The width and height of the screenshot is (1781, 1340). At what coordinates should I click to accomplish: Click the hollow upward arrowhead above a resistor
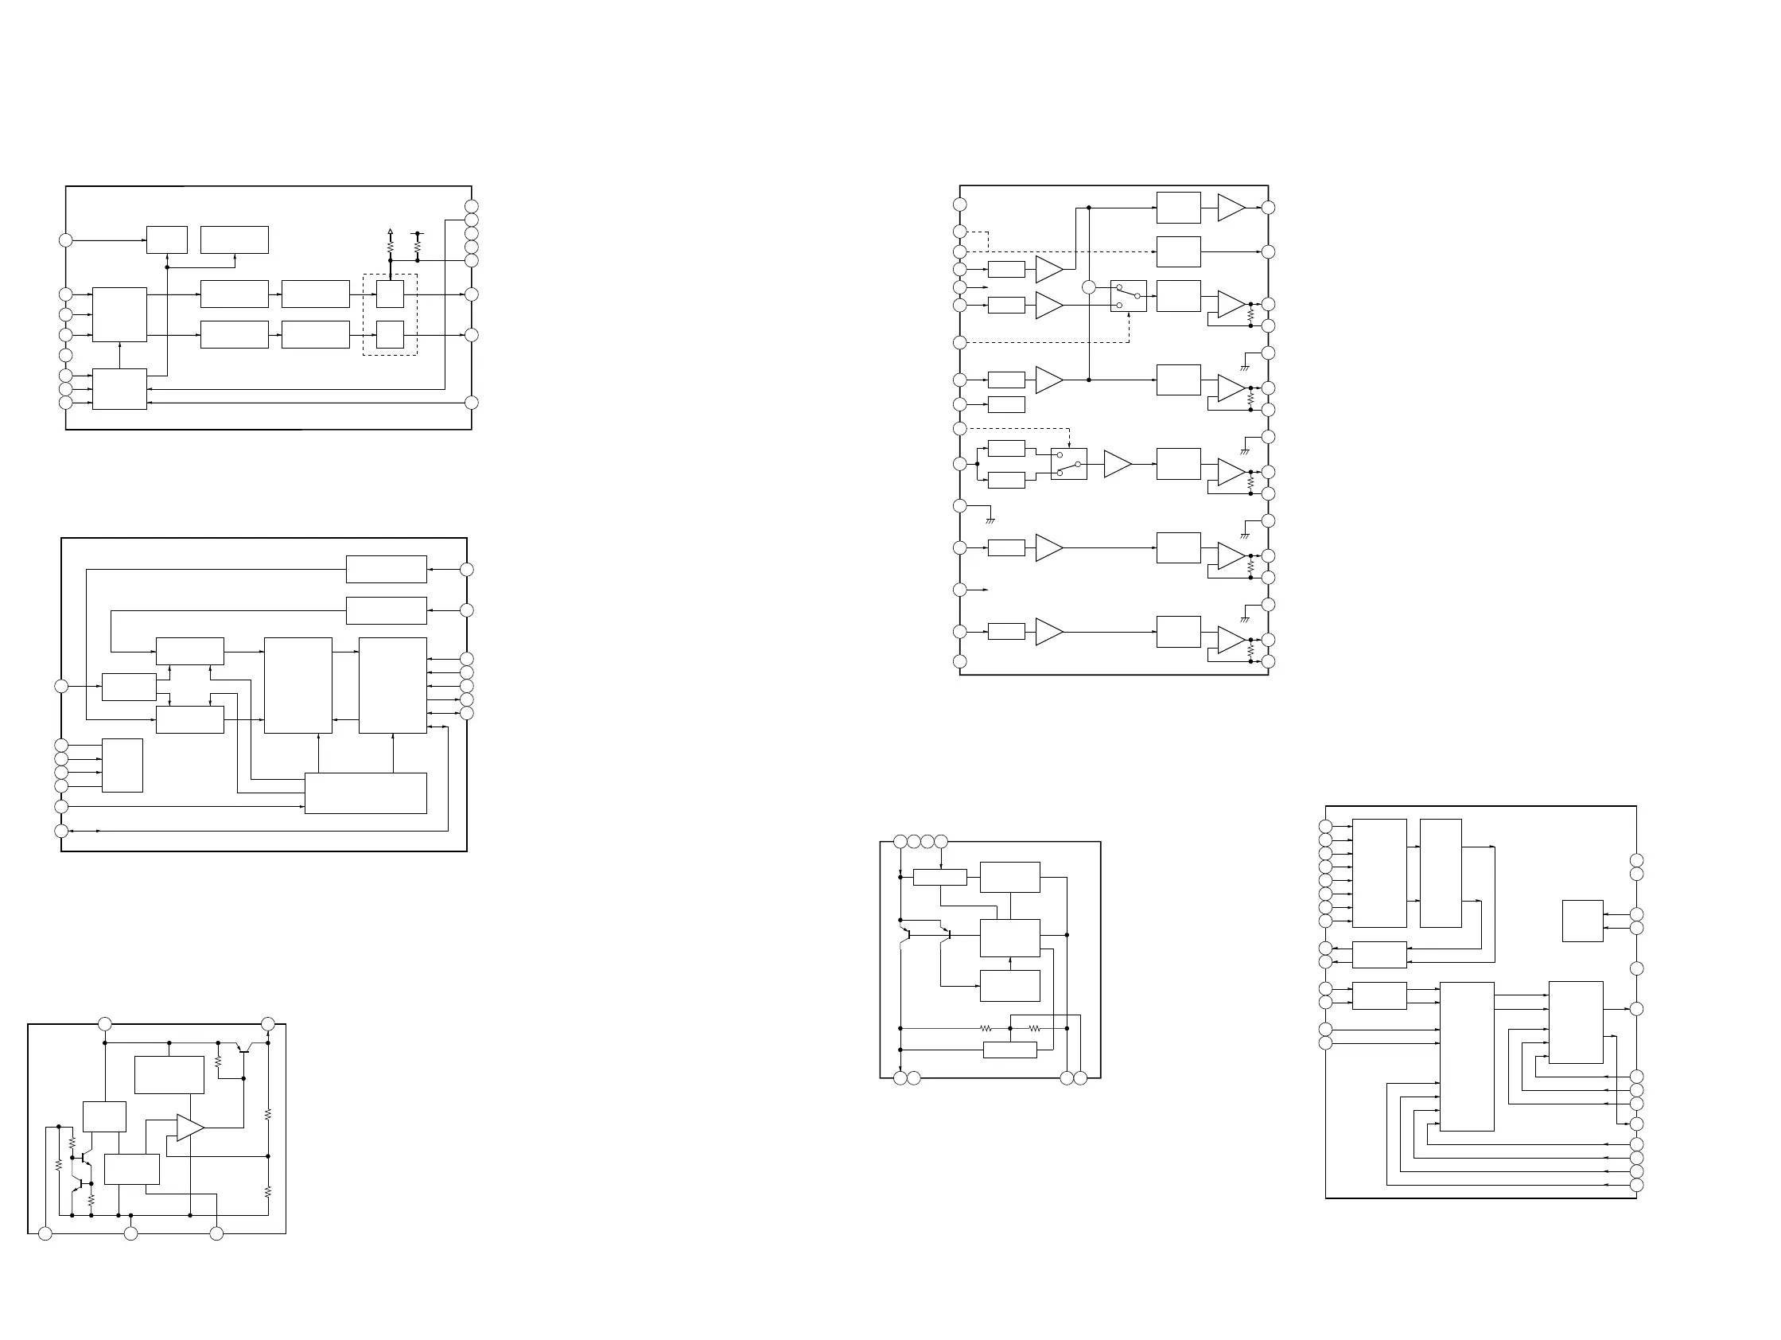point(390,230)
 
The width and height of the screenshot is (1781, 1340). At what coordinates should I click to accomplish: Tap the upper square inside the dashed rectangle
point(390,294)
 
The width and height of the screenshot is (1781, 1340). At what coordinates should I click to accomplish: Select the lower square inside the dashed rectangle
point(390,334)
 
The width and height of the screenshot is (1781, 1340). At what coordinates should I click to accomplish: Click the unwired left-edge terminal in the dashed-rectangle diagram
point(66,355)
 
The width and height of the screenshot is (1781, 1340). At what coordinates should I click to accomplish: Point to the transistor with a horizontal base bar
point(244,1049)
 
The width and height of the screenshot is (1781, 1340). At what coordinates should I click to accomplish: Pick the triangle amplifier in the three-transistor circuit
point(190,1128)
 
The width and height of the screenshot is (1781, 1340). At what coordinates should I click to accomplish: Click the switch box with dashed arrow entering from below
point(1128,296)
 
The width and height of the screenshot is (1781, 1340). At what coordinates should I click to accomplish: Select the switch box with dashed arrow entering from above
point(1068,464)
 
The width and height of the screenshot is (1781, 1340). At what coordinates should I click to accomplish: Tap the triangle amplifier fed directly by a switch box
point(1117,464)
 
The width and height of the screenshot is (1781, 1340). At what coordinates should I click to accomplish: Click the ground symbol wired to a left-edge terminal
point(990,520)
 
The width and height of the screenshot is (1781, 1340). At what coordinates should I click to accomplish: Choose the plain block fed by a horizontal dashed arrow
point(1178,251)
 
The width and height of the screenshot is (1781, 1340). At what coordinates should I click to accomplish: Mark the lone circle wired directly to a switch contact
point(1089,287)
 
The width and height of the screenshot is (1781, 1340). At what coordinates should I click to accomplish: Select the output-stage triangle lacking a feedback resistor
point(1231,208)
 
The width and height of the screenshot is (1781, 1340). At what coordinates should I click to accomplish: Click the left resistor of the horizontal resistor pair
point(986,1028)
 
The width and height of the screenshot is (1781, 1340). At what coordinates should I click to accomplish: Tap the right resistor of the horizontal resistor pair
point(1035,1028)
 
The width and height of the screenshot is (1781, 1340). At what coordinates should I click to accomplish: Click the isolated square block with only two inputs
point(1582,921)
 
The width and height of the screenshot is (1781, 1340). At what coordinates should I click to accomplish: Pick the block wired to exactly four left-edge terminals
point(122,765)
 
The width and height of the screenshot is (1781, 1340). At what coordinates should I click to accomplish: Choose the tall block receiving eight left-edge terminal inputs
point(1379,873)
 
